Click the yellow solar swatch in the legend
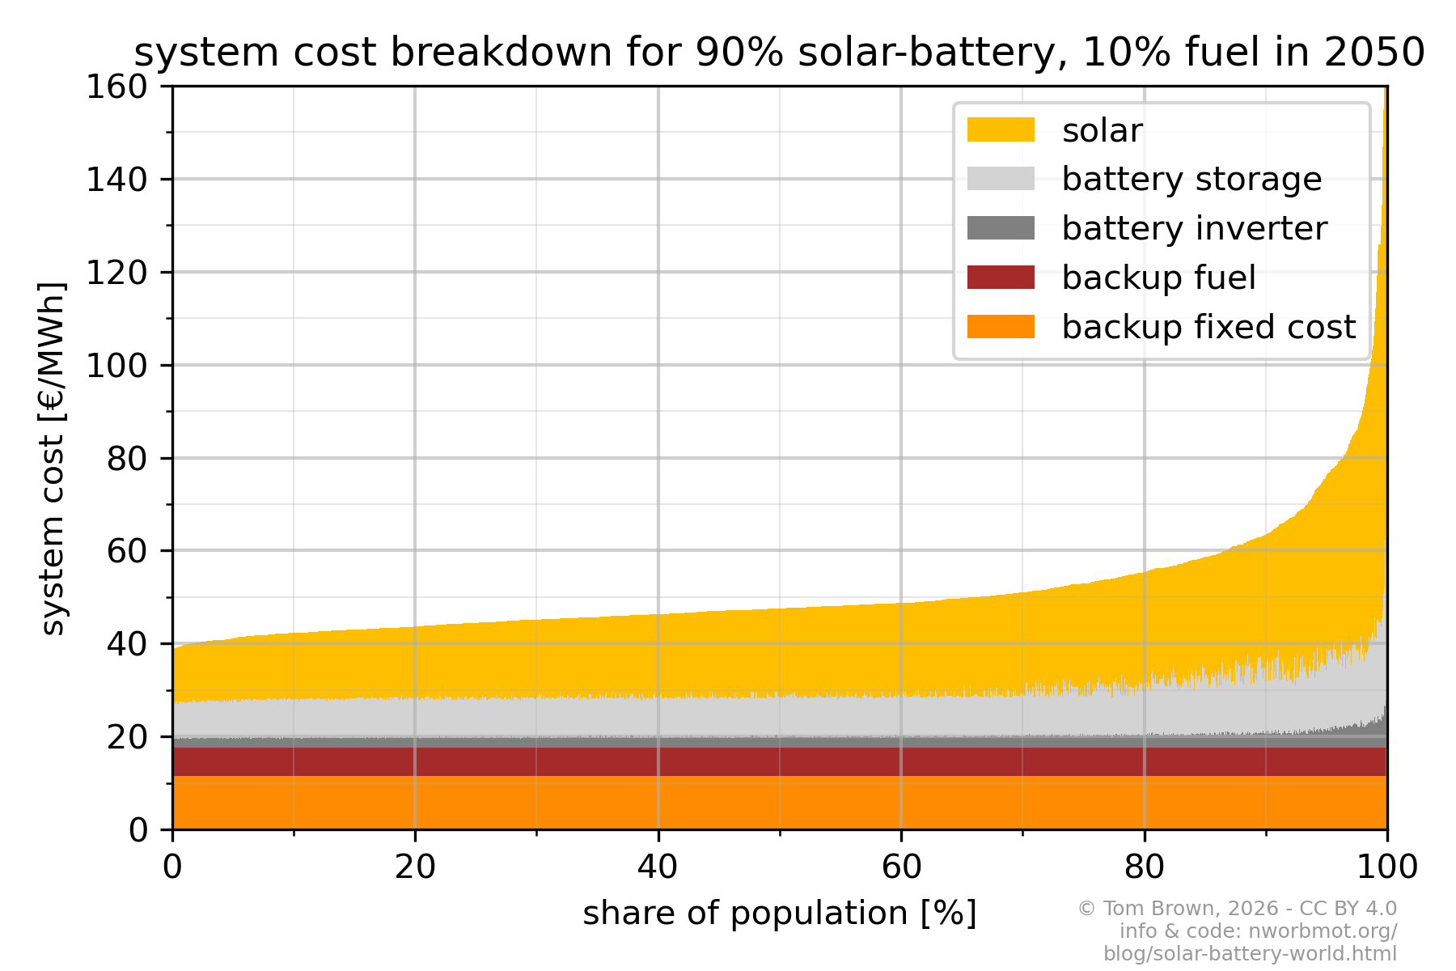click(x=1001, y=129)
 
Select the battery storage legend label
click(x=1191, y=179)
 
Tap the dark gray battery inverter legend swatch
click(x=1001, y=228)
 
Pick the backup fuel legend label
click(x=1158, y=278)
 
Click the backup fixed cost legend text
click(x=1208, y=327)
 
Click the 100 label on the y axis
click(x=117, y=365)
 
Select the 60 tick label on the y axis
click(x=128, y=551)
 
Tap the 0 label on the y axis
click(x=138, y=830)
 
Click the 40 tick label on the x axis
click(x=658, y=867)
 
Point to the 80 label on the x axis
click(x=1144, y=867)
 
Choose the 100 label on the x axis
click(x=1387, y=867)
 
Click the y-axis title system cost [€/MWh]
click(x=53, y=458)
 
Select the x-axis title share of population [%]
click(x=780, y=914)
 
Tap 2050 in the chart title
click(x=1374, y=53)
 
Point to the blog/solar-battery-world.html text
click(x=1250, y=953)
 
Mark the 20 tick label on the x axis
click(x=415, y=867)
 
